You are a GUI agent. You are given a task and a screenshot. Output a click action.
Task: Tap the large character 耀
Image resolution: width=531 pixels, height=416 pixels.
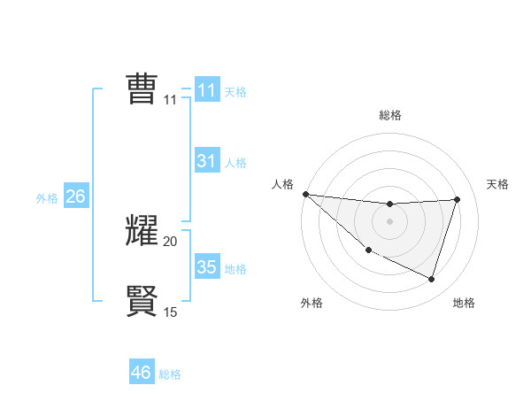click(x=142, y=230)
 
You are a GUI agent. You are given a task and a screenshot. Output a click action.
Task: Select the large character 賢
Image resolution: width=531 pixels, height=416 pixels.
click(x=142, y=300)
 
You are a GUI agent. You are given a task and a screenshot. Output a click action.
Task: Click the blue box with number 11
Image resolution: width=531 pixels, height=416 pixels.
click(x=207, y=90)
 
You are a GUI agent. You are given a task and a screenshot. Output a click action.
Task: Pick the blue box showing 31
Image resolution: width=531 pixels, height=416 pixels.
click(x=207, y=161)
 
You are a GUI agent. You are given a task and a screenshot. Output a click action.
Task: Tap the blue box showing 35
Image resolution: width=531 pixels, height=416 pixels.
click(x=207, y=267)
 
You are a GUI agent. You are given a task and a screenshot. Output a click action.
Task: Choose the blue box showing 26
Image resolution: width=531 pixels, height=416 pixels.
click(x=75, y=196)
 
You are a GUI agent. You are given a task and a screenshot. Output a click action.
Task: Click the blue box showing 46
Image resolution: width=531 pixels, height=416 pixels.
click(x=142, y=373)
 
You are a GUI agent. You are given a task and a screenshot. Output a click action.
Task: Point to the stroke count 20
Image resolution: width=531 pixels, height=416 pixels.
click(x=170, y=241)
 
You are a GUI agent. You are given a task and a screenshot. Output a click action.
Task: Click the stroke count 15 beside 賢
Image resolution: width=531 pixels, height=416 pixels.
click(x=170, y=312)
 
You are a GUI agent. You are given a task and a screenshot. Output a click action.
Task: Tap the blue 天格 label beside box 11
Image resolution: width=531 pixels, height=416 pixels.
click(x=235, y=91)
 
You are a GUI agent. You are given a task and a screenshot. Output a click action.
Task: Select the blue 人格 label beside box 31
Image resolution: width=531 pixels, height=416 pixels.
click(x=235, y=162)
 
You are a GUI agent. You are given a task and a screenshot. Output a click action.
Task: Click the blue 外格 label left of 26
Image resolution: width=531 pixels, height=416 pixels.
click(x=47, y=198)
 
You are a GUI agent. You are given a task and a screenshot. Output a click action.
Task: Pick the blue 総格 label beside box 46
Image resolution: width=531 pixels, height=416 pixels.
click(x=170, y=374)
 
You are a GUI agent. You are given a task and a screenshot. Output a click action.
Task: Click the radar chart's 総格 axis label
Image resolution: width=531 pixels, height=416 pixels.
click(x=389, y=115)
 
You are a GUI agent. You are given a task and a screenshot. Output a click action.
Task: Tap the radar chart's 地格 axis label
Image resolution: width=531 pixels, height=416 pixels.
click(x=464, y=303)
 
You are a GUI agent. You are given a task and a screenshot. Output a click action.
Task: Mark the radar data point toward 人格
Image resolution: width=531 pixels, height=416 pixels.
click(x=305, y=194)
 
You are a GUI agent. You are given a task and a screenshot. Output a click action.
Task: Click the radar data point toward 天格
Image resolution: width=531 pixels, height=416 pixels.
click(x=457, y=199)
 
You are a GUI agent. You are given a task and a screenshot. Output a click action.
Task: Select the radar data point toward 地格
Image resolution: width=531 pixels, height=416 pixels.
click(x=431, y=279)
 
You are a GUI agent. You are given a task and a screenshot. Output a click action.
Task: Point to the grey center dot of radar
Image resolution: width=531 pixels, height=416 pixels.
click(x=389, y=221)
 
